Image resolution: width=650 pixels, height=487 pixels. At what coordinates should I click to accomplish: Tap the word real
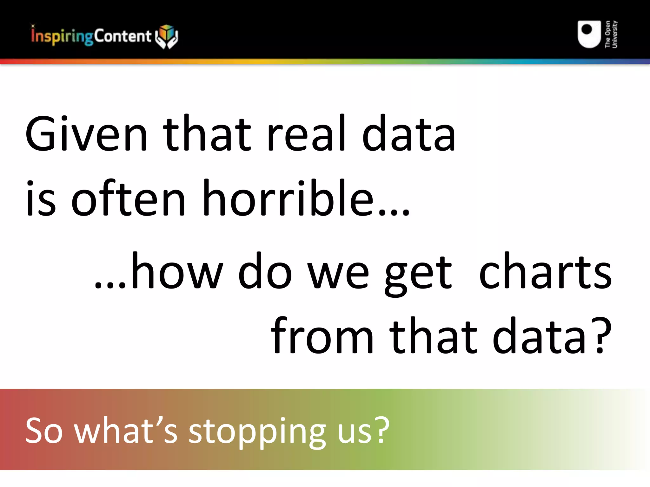point(306,134)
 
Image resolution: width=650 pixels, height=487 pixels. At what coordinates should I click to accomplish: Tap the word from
point(322,336)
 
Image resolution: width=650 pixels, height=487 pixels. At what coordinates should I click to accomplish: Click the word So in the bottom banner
point(44,431)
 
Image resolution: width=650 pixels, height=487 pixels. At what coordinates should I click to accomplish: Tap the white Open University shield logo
point(589,34)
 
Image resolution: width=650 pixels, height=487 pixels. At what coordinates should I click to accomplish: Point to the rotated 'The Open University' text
point(611,34)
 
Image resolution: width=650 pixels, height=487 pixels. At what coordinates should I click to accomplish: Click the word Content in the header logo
point(123,36)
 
